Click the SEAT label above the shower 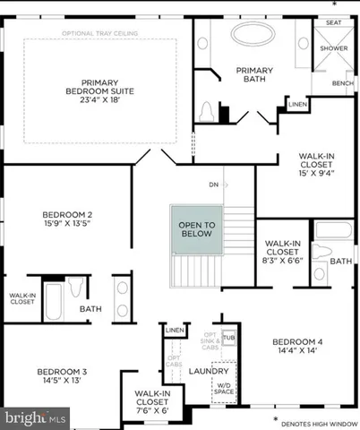332,21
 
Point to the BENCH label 342,82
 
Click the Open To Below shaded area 196,229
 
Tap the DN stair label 213,185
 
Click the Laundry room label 208,371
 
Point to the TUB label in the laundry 228,339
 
